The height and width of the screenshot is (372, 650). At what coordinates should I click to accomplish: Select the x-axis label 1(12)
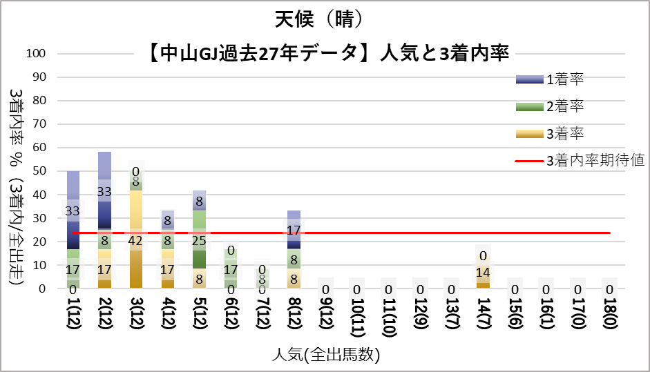[74, 320]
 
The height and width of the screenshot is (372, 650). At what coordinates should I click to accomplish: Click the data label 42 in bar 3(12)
[137, 242]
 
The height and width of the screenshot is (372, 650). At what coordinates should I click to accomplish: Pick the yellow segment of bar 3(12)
[137, 221]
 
